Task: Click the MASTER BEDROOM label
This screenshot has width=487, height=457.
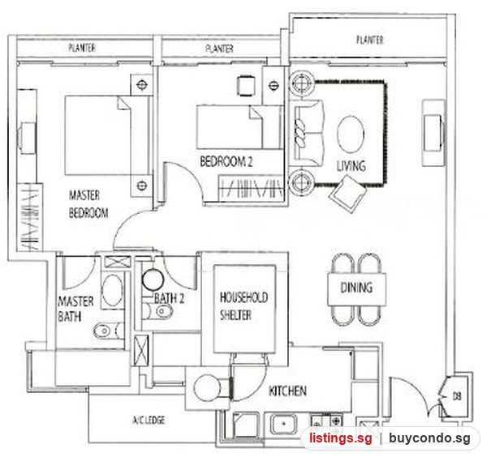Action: point(88,204)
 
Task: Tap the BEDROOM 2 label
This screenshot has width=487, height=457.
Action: point(226,161)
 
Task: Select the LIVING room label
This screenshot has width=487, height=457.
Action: point(351,166)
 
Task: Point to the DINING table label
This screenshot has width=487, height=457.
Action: point(356,288)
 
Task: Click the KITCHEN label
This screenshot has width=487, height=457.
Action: point(287,391)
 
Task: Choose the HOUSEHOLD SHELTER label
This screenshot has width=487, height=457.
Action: point(243,306)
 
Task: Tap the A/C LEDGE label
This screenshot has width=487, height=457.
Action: point(149,420)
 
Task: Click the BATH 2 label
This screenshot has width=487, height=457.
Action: point(170,298)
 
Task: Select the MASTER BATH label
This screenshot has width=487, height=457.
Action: point(75,309)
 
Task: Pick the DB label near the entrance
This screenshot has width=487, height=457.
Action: point(457,396)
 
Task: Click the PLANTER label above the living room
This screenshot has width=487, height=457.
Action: point(369,40)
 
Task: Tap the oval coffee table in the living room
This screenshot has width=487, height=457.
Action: point(351,134)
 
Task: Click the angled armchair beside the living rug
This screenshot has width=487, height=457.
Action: point(348,193)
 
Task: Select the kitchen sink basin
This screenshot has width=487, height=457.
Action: point(283,424)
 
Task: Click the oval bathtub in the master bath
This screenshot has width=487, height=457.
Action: point(113,290)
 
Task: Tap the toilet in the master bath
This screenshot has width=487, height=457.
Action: point(107,331)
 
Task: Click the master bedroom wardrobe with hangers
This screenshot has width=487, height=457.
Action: point(29,217)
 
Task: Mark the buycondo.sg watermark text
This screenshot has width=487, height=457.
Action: point(429,438)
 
